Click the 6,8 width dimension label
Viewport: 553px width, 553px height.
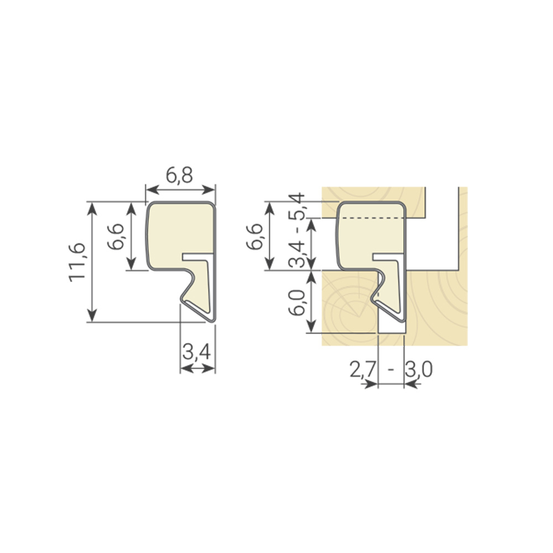[180, 176]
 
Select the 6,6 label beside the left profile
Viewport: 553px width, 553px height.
[116, 236]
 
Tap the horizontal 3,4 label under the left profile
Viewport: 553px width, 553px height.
[197, 352]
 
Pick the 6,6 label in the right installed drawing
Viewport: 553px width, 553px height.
[254, 236]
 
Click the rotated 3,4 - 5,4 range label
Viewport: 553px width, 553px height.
[296, 231]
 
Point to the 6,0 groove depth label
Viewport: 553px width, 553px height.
[296, 302]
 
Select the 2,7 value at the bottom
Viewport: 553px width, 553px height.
[362, 370]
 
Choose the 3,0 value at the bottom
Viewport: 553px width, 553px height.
[419, 370]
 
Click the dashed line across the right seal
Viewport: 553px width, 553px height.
[372, 218]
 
